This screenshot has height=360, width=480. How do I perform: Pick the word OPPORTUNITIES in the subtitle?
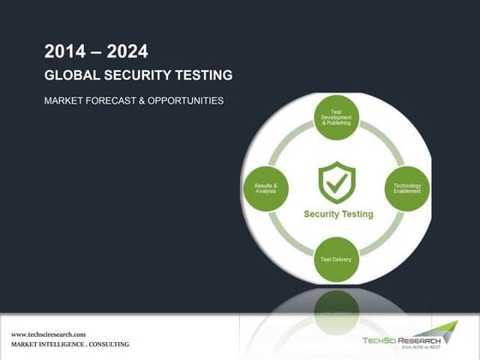coord(183,101)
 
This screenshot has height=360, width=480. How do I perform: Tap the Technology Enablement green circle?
coord(406,188)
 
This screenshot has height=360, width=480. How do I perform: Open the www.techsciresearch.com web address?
coord(46,333)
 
